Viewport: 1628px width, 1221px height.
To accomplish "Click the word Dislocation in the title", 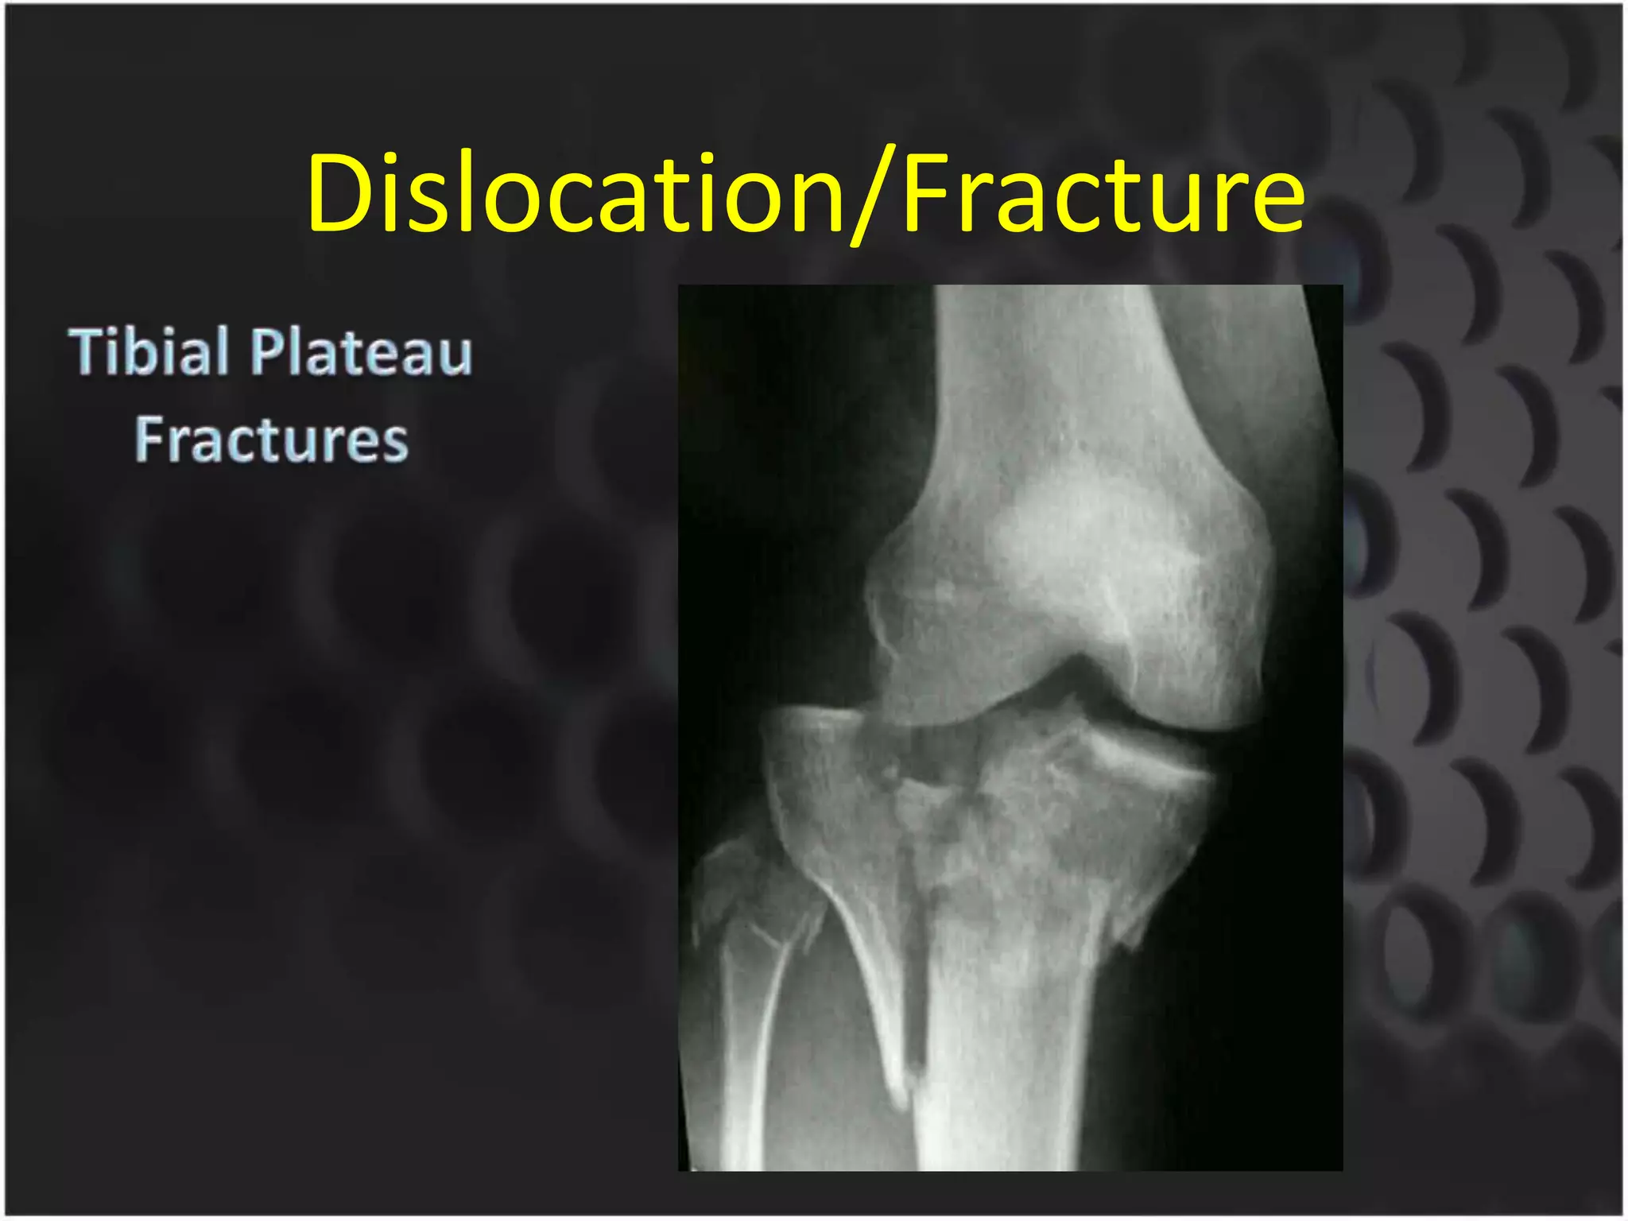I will pos(574,193).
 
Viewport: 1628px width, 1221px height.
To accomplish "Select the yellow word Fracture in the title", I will pos(1103,193).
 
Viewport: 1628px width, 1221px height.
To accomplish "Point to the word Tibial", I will pos(149,351).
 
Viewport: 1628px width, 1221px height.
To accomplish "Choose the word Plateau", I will pos(362,351).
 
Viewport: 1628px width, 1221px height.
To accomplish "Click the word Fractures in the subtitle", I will pos(271,440).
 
